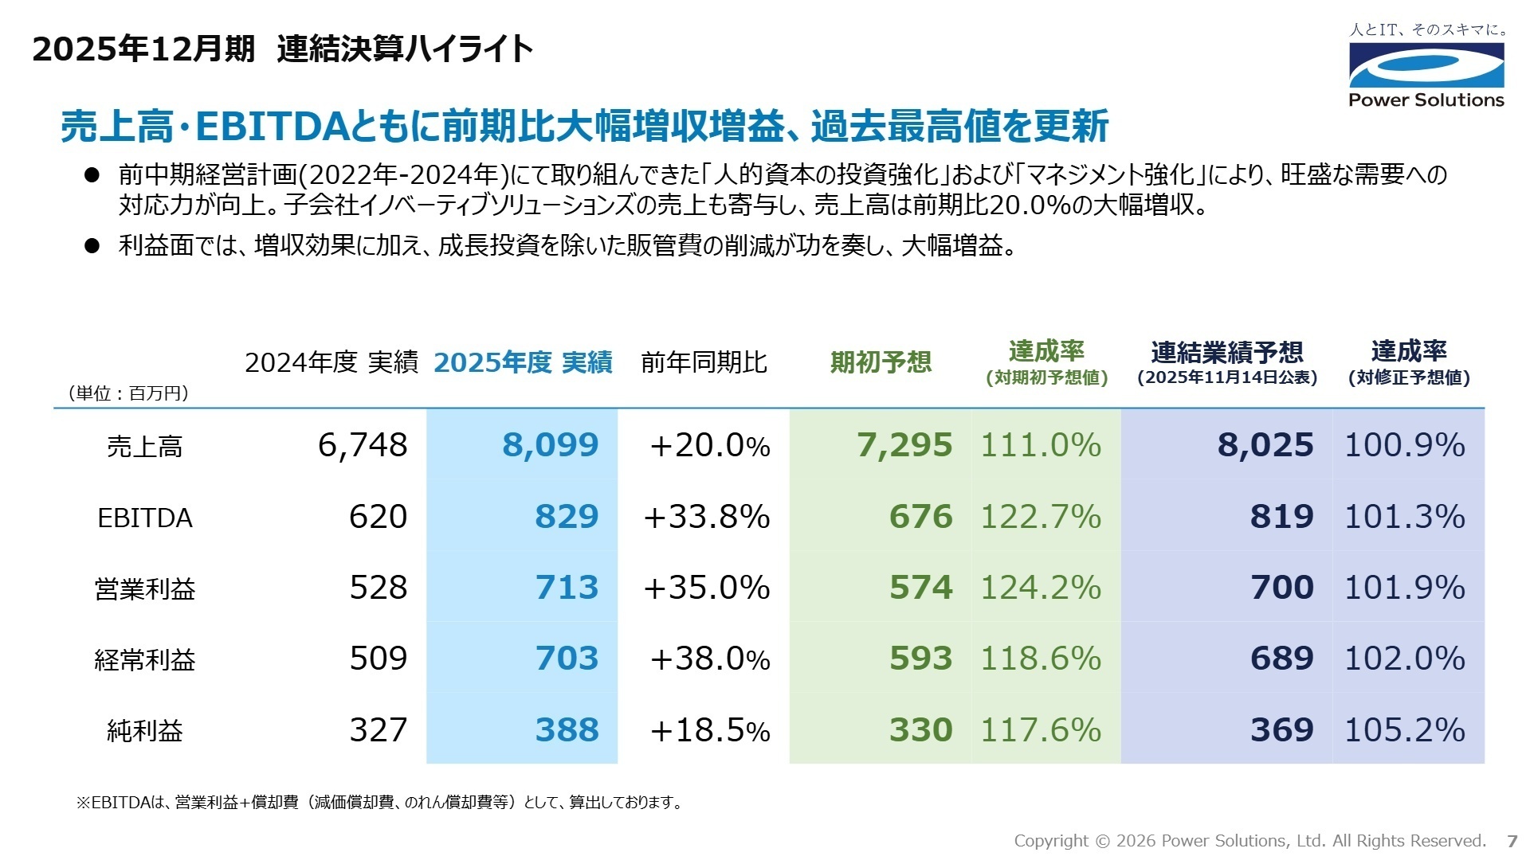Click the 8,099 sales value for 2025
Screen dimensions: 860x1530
550,445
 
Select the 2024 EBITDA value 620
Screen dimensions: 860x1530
378,517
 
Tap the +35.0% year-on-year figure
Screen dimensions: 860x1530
706,588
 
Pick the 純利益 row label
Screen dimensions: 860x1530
145,730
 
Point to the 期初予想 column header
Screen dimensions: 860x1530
881,363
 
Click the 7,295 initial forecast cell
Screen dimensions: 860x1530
904,445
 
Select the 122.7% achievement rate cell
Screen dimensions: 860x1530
1040,517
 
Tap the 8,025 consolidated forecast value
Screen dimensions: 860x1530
1265,445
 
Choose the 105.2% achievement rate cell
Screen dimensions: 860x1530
1404,730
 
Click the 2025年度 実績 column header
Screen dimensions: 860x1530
523,363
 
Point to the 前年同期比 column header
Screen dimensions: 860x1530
704,363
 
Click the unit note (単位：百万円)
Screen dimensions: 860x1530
128,393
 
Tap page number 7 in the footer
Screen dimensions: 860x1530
1512,841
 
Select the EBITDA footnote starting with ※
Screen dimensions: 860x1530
379,803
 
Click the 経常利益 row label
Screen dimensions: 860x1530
145,659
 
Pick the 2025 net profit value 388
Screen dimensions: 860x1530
567,730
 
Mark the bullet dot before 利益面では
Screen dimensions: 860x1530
92,245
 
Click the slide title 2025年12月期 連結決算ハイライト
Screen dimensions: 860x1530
282,49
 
